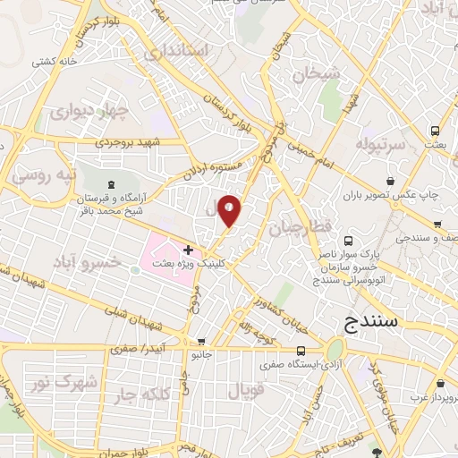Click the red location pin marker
point(230,209)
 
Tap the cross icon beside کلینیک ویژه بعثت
point(188,249)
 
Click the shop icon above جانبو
point(201,341)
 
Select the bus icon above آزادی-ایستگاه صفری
point(300,350)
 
